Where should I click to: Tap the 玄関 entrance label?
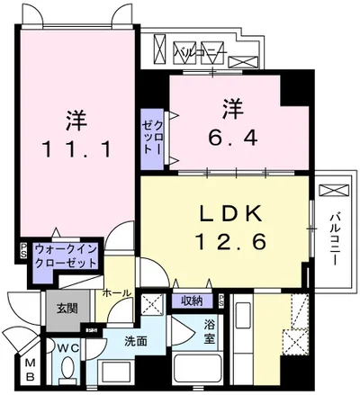pyautogui.click(x=57, y=309)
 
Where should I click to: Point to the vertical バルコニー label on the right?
pyautogui.click(x=333, y=238)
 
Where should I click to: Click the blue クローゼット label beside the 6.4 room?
pyautogui.click(x=149, y=137)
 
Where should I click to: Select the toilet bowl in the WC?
pyautogui.click(x=67, y=372)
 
